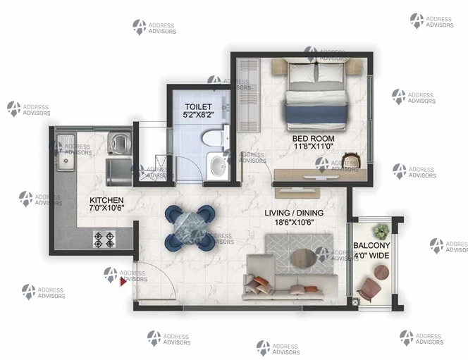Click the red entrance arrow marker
[x=123, y=282]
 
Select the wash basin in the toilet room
[x=218, y=166]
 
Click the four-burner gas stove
[x=104, y=240]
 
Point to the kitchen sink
[x=66, y=153]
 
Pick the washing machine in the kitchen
[x=120, y=144]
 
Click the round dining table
[x=189, y=228]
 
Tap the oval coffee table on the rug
[x=304, y=257]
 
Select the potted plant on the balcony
[x=381, y=232]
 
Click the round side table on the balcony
[x=381, y=273]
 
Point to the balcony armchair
[x=369, y=289]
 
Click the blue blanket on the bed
[x=316, y=115]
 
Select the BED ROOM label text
[x=313, y=138]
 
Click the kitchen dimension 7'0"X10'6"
[x=106, y=208]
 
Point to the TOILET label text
[x=198, y=106]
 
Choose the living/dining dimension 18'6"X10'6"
[x=295, y=222]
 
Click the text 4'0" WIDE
[x=371, y=255]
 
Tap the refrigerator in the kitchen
[x=119, y=173]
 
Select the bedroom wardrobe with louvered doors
[x=249, y=95]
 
